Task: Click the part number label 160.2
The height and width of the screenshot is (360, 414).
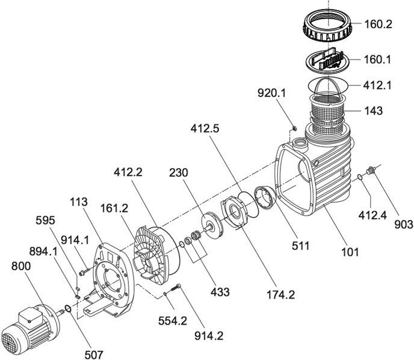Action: [378, 24]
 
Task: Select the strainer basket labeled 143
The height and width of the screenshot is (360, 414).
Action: [327, 111]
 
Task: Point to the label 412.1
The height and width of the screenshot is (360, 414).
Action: [377, 85]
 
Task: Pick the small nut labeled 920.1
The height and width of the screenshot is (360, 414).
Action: [294, 129]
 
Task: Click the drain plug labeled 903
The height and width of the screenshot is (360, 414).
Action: [371, 170]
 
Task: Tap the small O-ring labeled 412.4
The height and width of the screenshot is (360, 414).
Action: [360, 177]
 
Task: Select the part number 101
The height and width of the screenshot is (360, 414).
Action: [350, 252]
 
